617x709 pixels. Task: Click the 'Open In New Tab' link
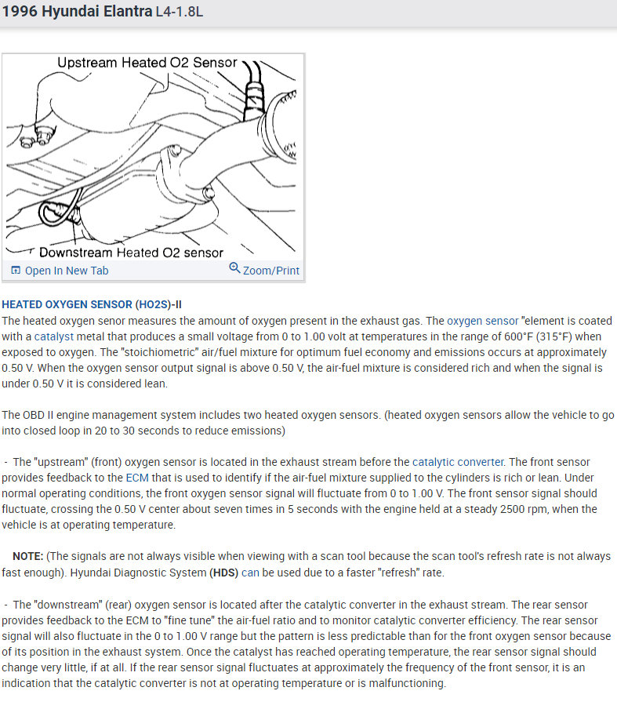67,271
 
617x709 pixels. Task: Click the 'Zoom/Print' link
271,271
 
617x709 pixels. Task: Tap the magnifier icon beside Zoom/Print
234,269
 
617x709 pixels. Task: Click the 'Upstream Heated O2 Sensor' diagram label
147,63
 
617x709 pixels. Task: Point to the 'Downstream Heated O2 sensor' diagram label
131,253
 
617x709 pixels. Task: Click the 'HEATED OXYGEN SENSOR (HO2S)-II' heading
92,304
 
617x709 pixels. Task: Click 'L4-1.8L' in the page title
180,14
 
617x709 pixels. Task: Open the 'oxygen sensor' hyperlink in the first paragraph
483,321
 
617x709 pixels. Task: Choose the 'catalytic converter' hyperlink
458,462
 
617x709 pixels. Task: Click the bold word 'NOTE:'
27,556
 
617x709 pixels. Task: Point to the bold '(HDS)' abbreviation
223,573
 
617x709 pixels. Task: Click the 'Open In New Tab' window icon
15,271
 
